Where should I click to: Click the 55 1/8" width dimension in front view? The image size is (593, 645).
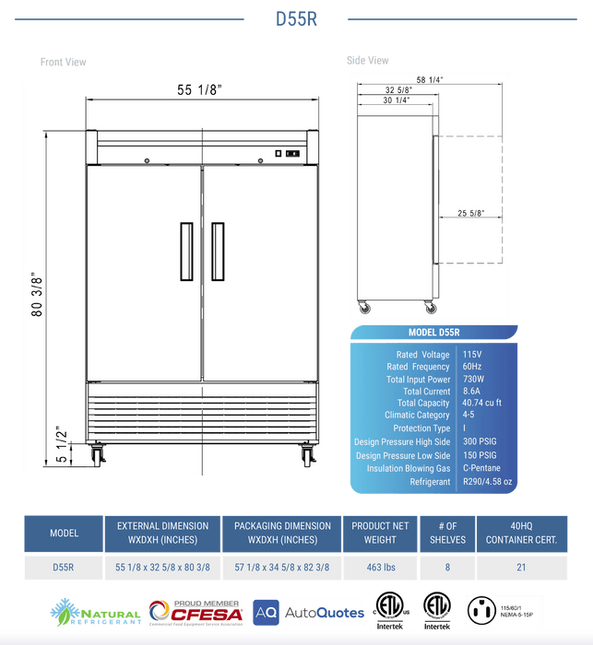tap(200, 89)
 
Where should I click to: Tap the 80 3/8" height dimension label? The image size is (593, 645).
tap(38, 294)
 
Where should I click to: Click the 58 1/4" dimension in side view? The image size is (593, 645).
tap(430, 80)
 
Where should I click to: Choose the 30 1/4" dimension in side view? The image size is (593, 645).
tap(397, 100)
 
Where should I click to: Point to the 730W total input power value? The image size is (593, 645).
tap(474, 379)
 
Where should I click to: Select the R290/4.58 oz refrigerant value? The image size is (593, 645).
tap(489, 481)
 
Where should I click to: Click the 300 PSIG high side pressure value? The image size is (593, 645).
tap(480, 442)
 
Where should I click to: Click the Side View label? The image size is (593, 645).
tap(368, 61)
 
